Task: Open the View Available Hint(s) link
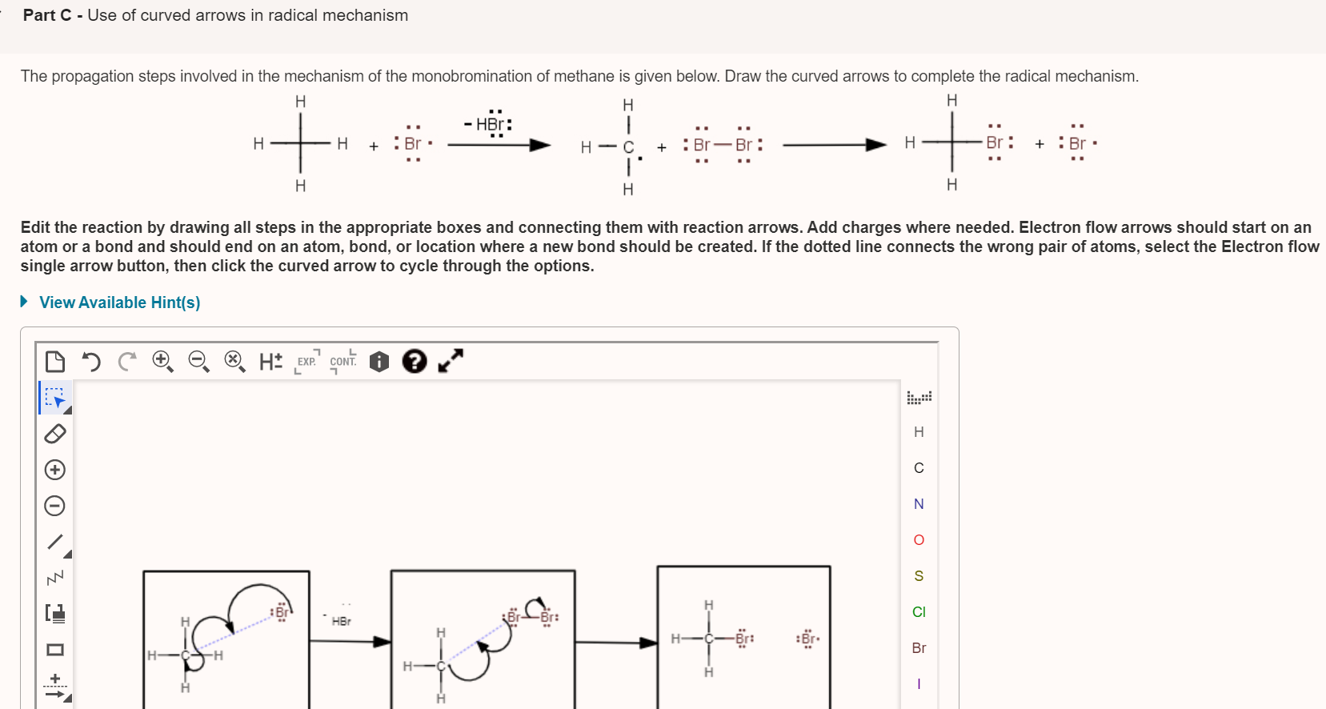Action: pos(119,302)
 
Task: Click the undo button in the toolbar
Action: pos(91,362)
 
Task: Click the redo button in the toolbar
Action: pos(126,362)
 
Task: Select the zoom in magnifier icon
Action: pos(162,361)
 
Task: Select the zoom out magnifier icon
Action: pos(198,361)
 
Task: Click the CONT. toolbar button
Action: pos(343,362)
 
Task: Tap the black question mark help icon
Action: pos(414,362)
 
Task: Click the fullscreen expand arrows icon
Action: pos(451,361)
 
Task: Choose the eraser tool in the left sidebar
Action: pos(54,434)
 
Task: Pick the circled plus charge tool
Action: pos(54,470)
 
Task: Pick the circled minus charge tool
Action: pos(54,506)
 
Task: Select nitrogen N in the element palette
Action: pos(919,504)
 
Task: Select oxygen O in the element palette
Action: pos(919,540)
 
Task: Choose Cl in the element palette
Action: pos(919,612)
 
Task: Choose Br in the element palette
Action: pos(919,648)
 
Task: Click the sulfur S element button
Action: pos(919,576)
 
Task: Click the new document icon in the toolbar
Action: pos(55,362)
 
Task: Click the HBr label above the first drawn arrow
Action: pos(341,621)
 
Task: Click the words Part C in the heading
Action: pos(47,15)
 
